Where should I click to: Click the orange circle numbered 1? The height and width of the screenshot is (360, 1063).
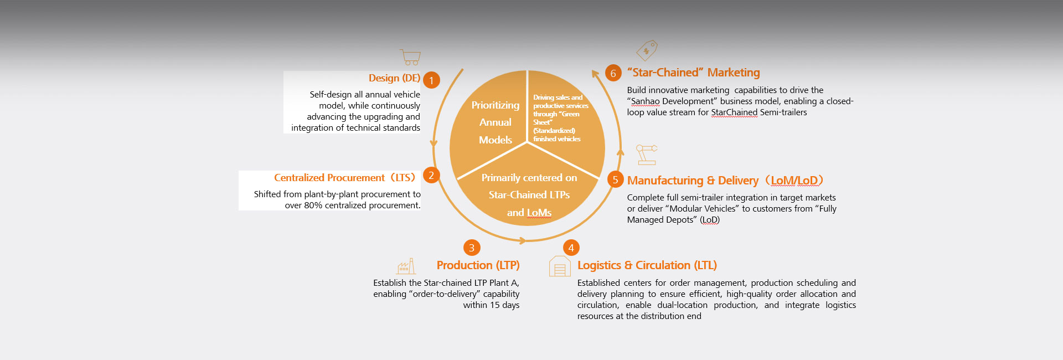coord(431,80)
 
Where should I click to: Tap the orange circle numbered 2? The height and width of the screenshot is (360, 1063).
coord(431,175)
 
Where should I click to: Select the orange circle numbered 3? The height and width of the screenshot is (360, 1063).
coord(471,248)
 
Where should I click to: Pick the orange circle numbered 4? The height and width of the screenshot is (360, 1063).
coord(571,248)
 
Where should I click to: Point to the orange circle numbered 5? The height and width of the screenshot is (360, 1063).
coord(615,179)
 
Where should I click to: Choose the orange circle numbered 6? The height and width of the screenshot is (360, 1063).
coord(613,73)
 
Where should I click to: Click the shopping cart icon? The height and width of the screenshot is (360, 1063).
coord(410,57)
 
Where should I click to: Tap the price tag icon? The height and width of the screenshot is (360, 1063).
coord(647,50)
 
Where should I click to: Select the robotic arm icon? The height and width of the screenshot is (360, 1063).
coord(646,155)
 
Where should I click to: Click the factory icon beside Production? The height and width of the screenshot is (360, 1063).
coord(406,266)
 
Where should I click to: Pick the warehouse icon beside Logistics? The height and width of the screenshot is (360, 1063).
coord(559,266)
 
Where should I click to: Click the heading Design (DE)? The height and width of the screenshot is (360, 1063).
coord(394,78)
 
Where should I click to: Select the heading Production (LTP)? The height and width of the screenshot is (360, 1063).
coord(478,265)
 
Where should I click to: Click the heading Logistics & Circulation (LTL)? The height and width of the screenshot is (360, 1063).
coord(647,265)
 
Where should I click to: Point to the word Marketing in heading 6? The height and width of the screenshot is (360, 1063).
coord(733,73)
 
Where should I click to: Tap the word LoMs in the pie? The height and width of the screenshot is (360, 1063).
coord(539,213)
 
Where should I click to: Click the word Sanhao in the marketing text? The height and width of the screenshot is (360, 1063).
coord(645,101)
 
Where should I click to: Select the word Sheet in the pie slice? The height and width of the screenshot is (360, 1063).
coord(542,122)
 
